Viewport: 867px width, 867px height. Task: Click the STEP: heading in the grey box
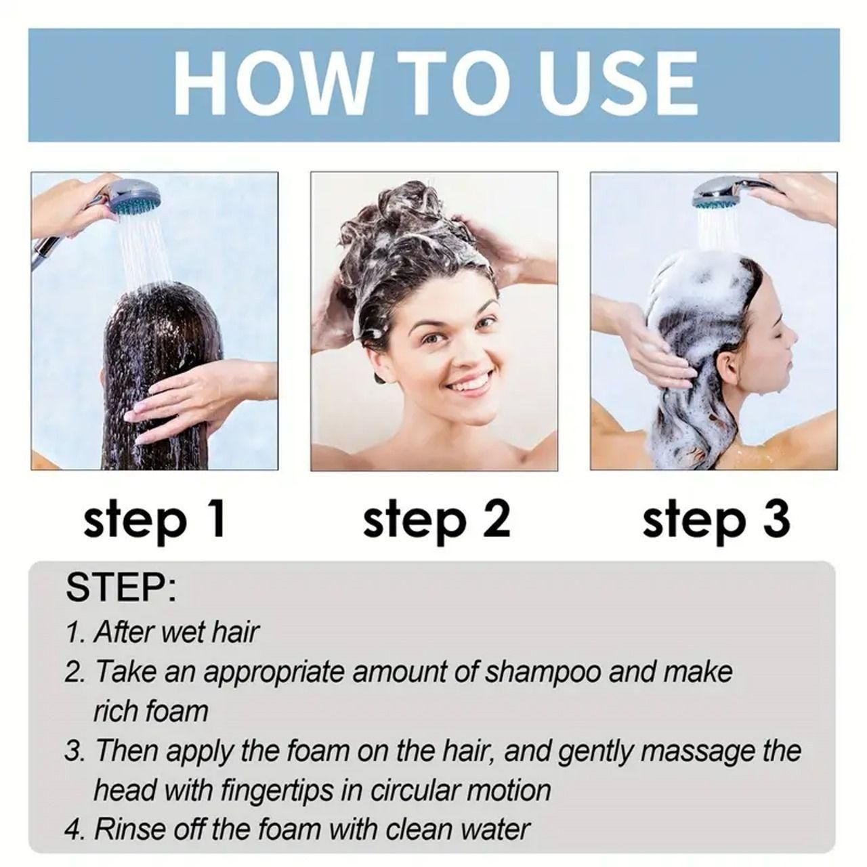click(121, 588)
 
